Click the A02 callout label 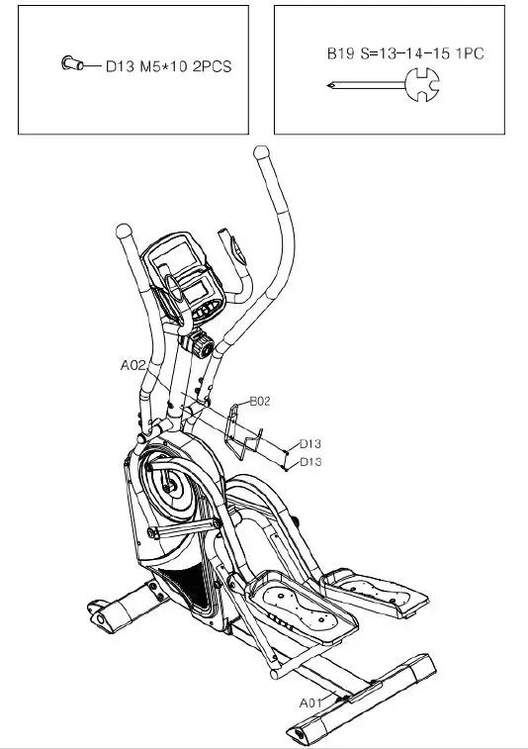133,365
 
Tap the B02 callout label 259,401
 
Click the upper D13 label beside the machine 310,444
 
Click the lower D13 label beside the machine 310,462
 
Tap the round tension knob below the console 202,344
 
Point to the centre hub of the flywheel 171,487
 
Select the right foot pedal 376,592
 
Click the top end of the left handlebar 123,231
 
